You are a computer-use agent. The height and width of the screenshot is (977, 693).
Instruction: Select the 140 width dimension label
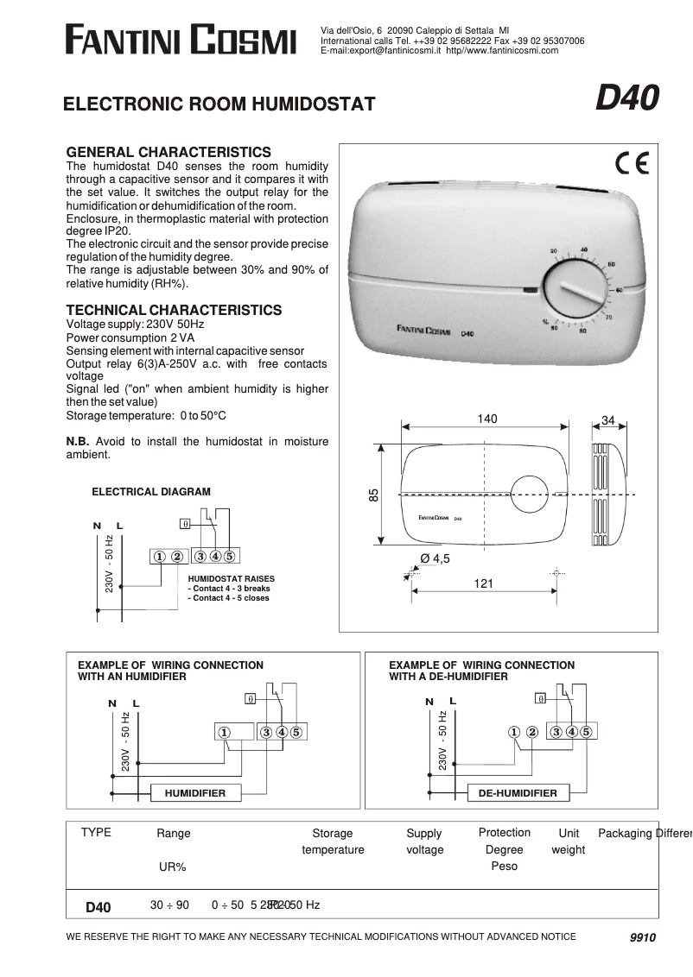(487, 419)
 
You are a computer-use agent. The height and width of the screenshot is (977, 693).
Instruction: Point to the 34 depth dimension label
(608, 420)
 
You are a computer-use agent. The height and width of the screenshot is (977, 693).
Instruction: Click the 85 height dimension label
(374, 495)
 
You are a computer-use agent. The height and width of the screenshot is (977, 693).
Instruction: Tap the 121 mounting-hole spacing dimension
(484, 583)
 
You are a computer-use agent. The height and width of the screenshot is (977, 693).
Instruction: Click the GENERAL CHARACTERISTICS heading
(168, 151)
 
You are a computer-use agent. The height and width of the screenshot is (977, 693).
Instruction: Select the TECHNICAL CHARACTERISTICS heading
(174, 310)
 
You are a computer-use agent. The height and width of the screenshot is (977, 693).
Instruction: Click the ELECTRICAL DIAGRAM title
(150, 492)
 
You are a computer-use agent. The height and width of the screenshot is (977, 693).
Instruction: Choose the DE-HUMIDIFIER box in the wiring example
(512, 792)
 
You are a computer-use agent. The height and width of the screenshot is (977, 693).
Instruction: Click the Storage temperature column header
(333, 841)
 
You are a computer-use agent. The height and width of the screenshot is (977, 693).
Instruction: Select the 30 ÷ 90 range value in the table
(169, 905)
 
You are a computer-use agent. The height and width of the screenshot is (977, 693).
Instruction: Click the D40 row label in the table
(99, 907)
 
